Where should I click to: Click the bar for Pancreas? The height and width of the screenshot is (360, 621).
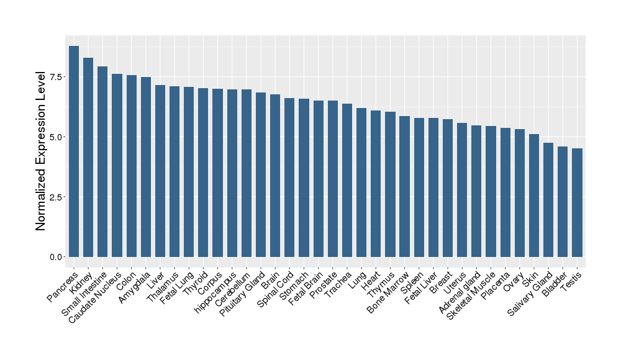click(74, 151)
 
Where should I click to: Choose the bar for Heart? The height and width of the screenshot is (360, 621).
click(376, 184)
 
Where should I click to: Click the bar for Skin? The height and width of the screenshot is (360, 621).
click(534, 196)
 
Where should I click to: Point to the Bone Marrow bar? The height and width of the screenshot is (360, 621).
click(404, 186)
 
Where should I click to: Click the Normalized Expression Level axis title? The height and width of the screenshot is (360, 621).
click(40, 151)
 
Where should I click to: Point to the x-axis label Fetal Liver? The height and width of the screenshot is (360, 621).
click(422, 286)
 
